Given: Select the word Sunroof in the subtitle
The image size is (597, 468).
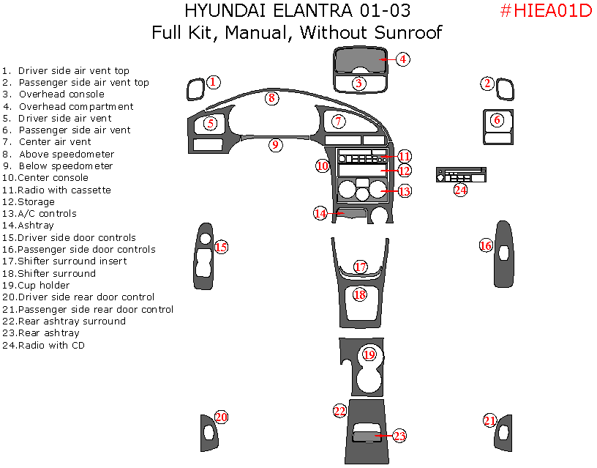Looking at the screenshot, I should coord(408,32).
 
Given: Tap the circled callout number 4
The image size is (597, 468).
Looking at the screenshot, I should coord(403,59).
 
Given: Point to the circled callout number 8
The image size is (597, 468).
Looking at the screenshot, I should coord(271,97).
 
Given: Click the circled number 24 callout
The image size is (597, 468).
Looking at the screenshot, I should coord(459,190).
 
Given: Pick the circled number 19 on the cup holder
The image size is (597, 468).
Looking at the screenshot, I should coord(369,354).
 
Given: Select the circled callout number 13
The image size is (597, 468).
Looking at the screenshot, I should coord(404,191).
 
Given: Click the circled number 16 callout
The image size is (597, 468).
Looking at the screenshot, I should coord(486,245).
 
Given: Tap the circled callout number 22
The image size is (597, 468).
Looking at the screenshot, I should coord(339,411).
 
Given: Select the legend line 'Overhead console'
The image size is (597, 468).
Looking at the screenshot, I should coord(61,94).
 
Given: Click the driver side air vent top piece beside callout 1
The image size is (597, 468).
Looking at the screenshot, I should coord(195,89).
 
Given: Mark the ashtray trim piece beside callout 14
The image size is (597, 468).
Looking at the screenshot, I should coord(351,214).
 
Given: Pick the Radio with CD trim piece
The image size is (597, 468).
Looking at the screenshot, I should coord(461,175).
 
